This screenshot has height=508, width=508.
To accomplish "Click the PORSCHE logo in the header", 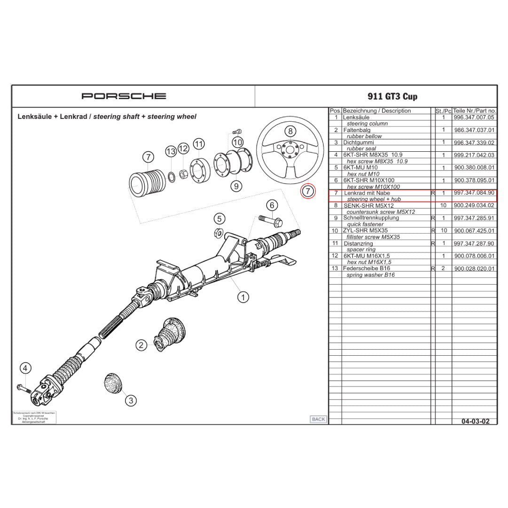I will click(124, 96).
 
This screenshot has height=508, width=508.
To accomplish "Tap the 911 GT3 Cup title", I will click(392, 97).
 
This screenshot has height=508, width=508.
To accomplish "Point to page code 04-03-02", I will click(476, 421).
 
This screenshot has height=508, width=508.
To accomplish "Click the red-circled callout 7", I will click(307, 191).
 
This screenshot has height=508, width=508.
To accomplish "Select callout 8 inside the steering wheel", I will click(290, 131).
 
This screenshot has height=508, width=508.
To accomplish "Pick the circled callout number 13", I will click(171, 151).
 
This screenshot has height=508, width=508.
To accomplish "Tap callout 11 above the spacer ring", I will click(199, 144).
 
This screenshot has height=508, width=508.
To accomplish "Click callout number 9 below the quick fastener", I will click(236, 186).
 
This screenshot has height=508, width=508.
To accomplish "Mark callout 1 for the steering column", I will click(243, 297).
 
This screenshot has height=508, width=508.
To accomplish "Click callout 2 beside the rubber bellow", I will click(141, 345).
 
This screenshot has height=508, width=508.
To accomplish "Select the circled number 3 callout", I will click(131, 400).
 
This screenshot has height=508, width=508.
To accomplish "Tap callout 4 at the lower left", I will click(25, 368).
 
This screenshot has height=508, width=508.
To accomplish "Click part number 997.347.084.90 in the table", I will click(474, 193).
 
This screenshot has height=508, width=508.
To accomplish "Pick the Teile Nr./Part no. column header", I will click(474, 111).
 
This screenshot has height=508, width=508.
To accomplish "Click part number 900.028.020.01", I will click(474, 269).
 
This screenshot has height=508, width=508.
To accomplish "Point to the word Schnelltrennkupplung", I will click(371, 218).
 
